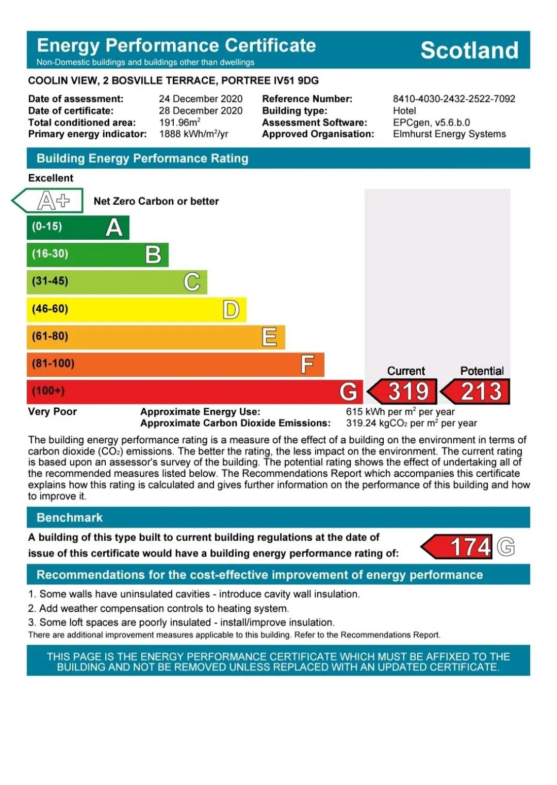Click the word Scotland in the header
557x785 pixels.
[x=469, y=50]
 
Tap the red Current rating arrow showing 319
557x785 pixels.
[x=403, y=392]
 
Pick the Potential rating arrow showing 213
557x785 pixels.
[x=477, y=392]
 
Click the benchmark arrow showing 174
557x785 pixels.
[x=457, y=547]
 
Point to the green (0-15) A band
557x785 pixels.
[x=78, y=227]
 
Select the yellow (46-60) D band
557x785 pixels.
[x=136, y=309]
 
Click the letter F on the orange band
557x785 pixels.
[x=307, y=364]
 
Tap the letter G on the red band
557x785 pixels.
[x=348, y=392]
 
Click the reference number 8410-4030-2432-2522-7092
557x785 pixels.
[x=454, y=98]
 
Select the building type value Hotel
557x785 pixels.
[x=404, y=110]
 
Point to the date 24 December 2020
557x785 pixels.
[x=201, y=98]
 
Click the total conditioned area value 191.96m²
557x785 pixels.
[x=179, y=122]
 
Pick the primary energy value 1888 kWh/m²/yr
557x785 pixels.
[x=193, y=134]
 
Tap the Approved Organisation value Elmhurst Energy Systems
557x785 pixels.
[x=449, y=134]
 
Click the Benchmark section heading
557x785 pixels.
[x=70, y=517]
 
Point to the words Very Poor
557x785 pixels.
[x=52, y=411]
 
